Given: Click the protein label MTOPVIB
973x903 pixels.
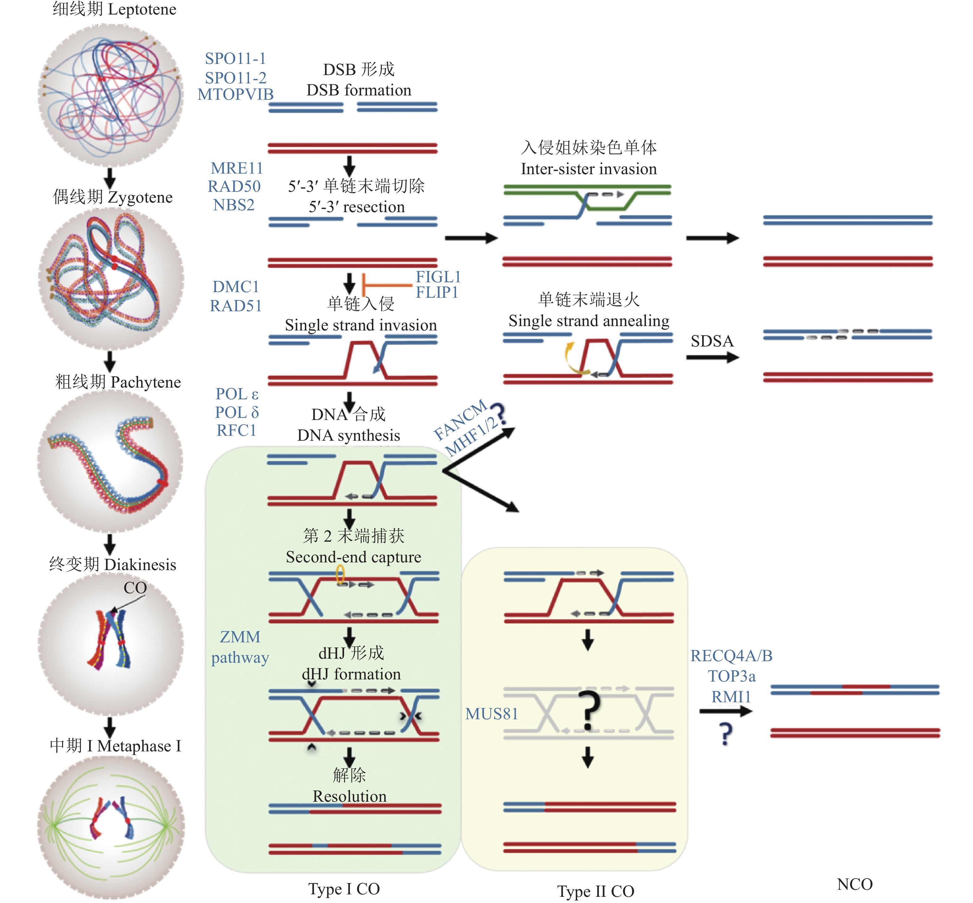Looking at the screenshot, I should [x=236, y=94].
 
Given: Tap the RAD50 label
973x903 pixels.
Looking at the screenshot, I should [x=234, y=186].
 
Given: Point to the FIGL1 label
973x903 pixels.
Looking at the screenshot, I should [x=438, y=277].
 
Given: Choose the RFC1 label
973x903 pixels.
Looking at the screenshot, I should [x=237, y=430].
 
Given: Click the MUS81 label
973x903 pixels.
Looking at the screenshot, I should [x=491, y=714].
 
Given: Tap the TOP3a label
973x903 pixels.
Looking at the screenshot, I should [x=731, y=676].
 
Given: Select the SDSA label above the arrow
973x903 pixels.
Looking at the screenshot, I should [x=712, y=341].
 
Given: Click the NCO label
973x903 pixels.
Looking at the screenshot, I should [x=854, y=884].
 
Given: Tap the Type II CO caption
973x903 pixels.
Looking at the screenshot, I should [x=596, y=891].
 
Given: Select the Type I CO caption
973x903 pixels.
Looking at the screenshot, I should [x=344, y=889].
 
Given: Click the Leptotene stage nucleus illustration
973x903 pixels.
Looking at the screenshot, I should [x=111, y=95].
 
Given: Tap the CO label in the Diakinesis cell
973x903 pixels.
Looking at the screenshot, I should [x=135, y=588].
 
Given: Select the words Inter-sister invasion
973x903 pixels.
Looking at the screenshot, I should [x=588, y=169].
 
